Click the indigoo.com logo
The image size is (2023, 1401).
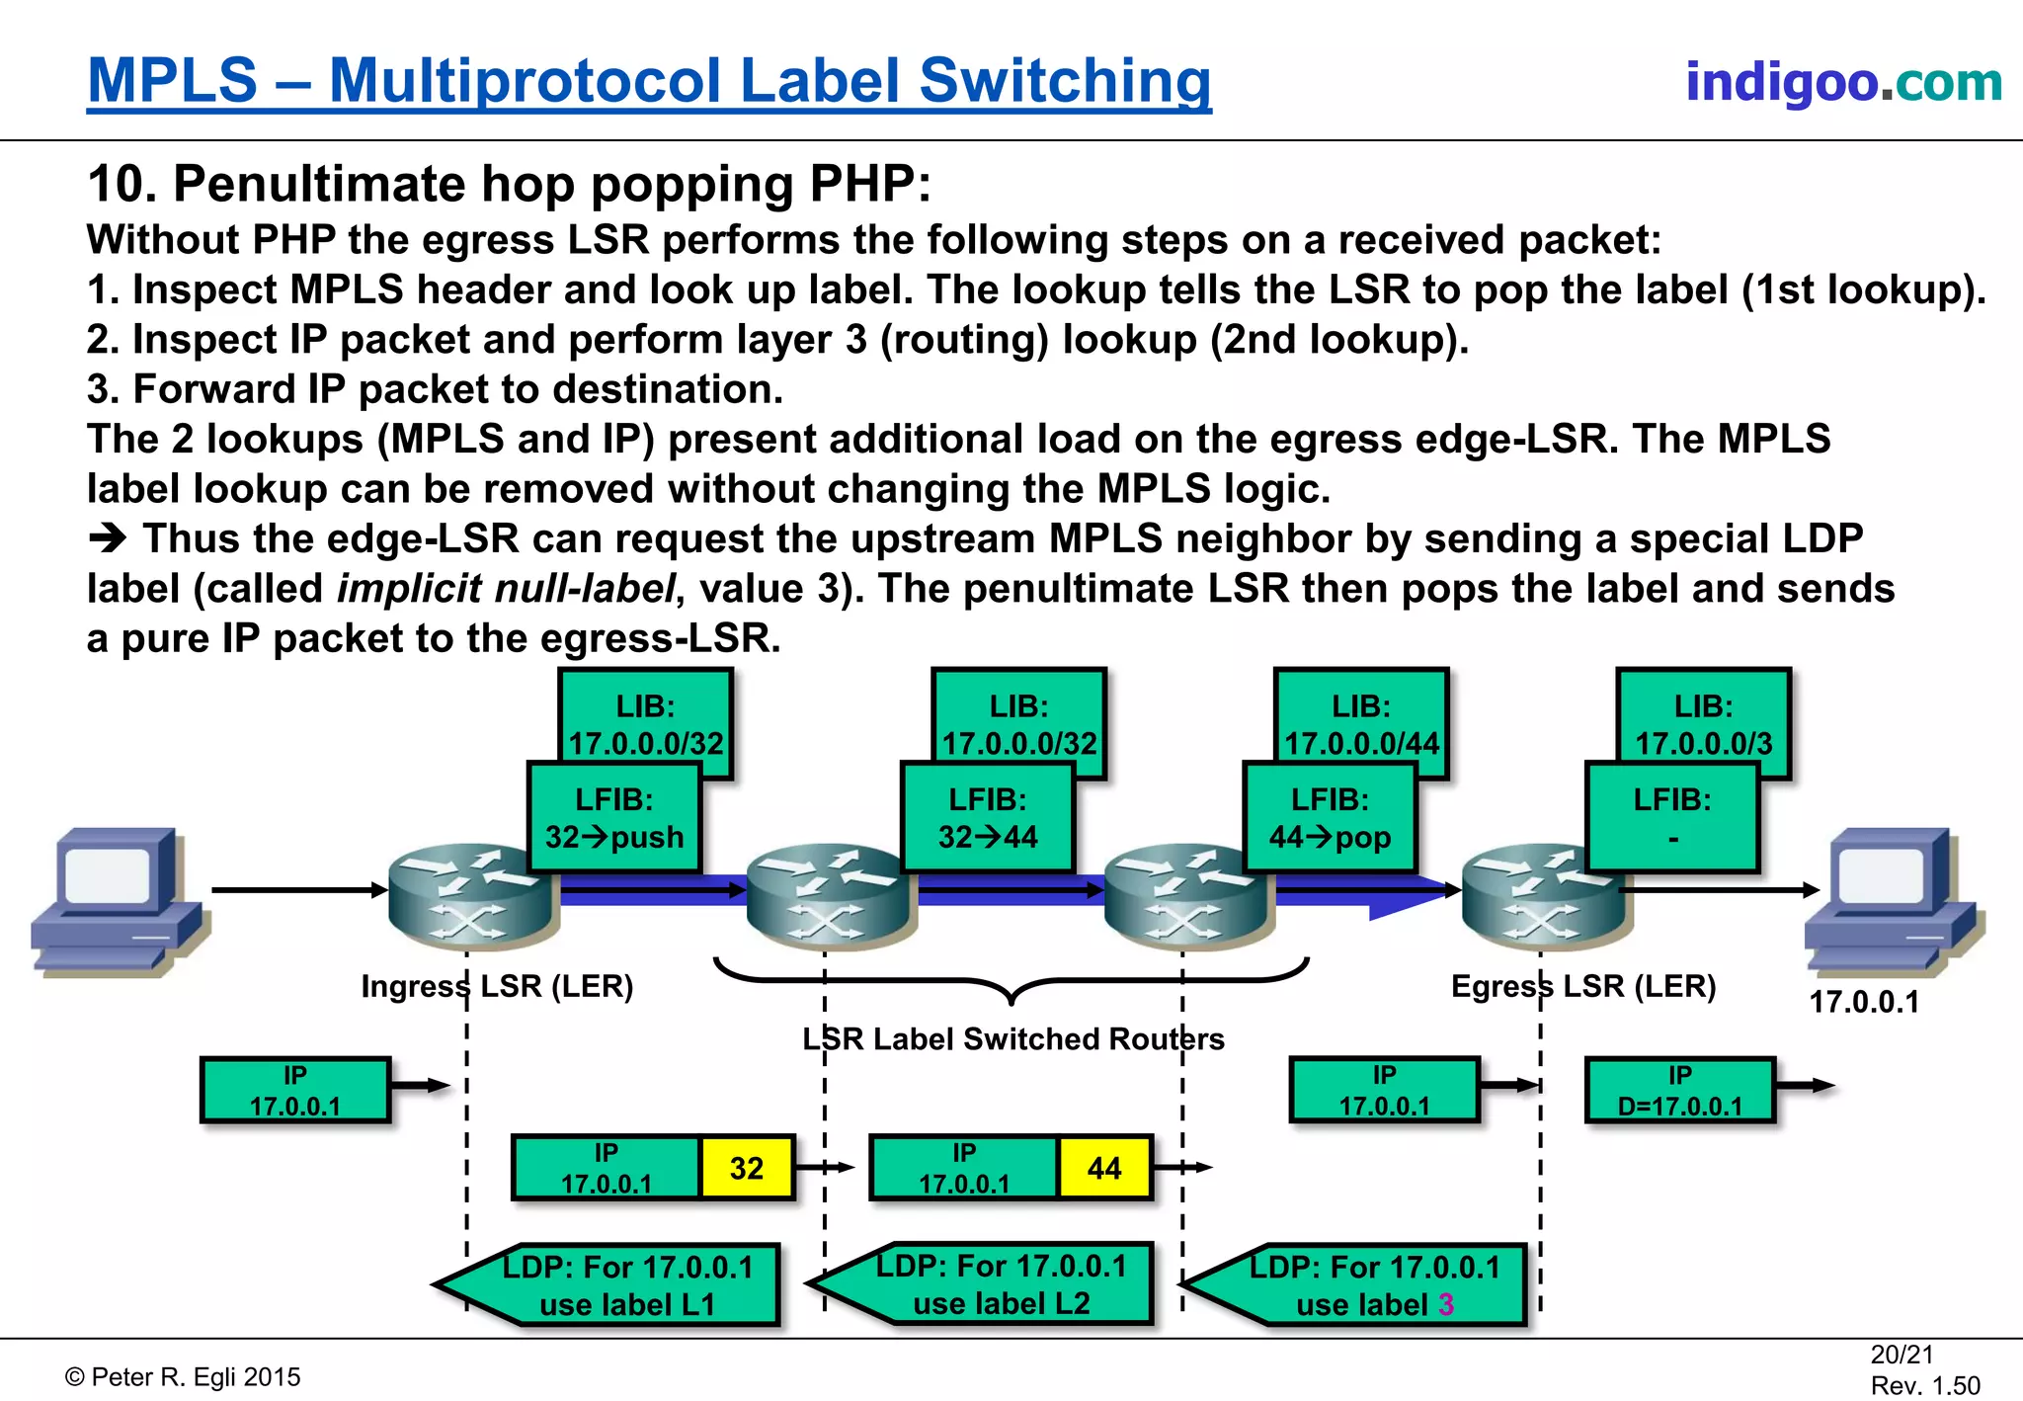click(1843, 81)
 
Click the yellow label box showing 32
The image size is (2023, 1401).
click(747, 1168)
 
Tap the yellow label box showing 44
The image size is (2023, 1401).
click(1104, 1168)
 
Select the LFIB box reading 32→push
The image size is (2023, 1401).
click(614, 818)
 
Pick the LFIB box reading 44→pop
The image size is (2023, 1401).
click(1330, 818)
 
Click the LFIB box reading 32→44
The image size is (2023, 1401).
click(988, 818)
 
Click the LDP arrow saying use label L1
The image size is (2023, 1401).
click(622, 1284)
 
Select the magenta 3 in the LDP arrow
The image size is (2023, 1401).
click(1446, 1304)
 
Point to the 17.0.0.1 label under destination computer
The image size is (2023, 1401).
click(1863, 1002)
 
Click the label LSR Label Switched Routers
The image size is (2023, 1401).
click(1012, 1038)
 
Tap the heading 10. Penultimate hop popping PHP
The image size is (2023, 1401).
click(509, 184)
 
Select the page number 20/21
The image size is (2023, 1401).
click(1902, 1355)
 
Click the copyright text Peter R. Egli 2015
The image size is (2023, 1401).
click(183, 1376)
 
